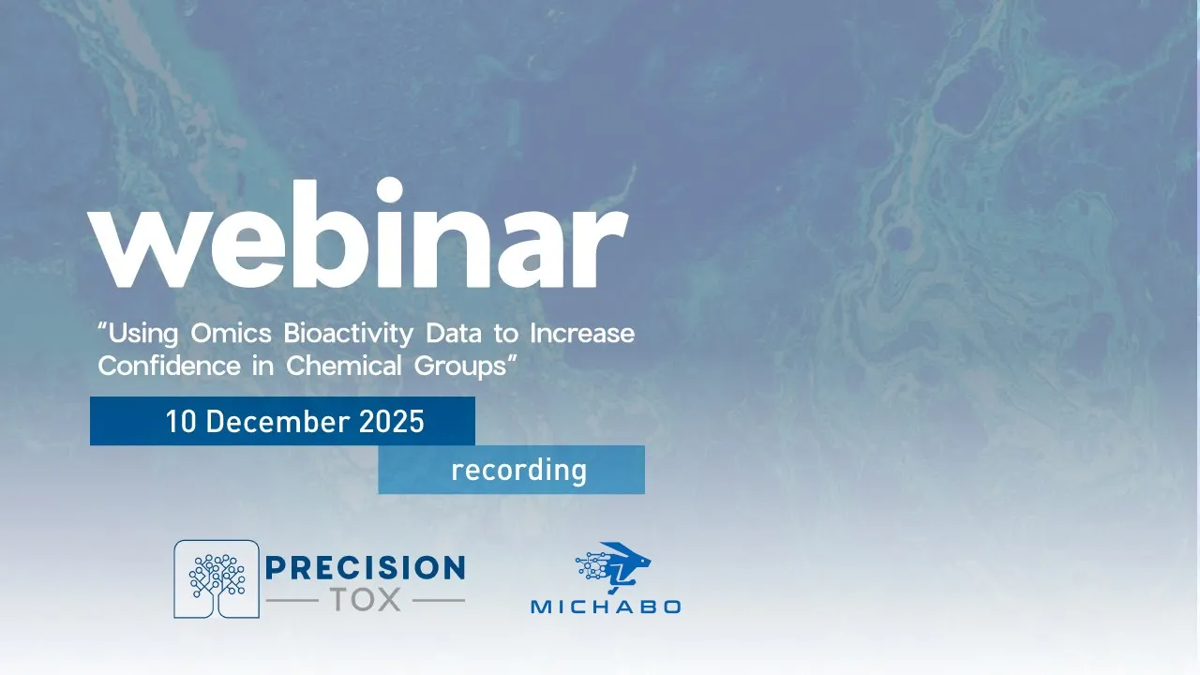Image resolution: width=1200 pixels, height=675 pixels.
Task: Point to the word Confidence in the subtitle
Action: pyautogui.click(x=169, y=366)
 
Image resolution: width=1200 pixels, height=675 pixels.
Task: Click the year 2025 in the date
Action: pyautogui.click(x=392, y=422)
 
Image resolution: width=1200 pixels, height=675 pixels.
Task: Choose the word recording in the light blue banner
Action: pyautogui.click(x=518, y=470)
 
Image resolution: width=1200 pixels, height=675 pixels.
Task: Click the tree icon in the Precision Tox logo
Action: pyautogui.click(x=217, y=578)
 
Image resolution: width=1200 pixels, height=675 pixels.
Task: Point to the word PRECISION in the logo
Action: pyautogui.click(x=366, y=568)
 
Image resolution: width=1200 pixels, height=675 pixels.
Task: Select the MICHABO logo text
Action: pyautogui.click(x=606, y=607)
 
